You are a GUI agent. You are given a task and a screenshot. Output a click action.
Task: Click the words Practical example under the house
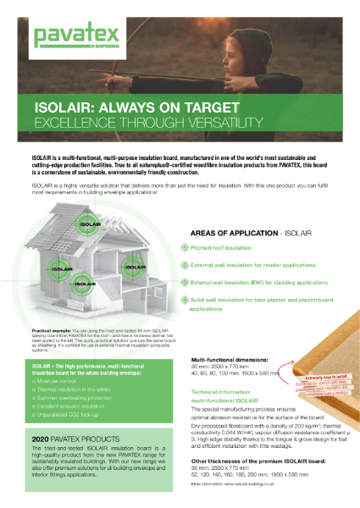[x=50, y=328]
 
